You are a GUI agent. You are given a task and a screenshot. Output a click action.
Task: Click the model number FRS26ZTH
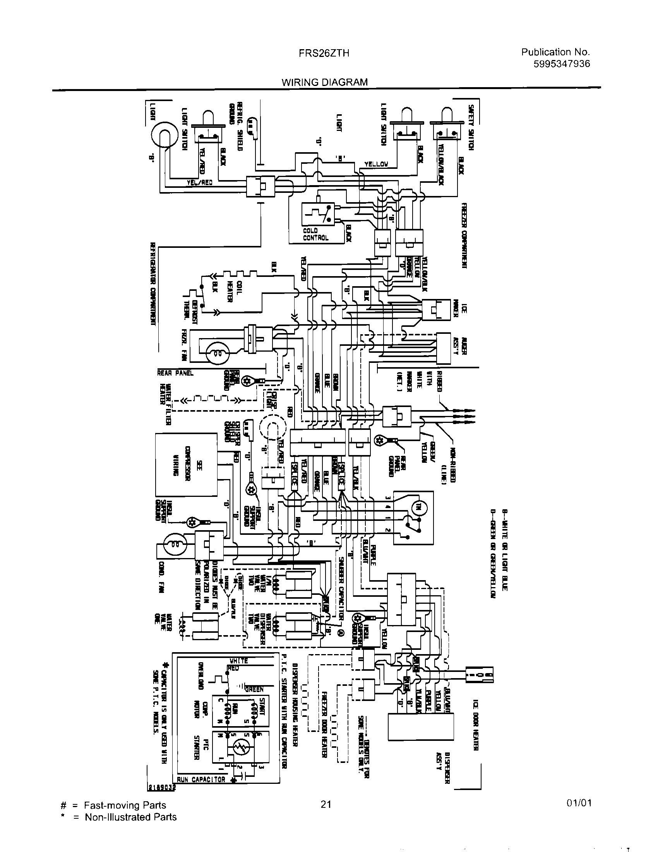click(324, 53)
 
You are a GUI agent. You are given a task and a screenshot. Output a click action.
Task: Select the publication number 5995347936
click(561, 64)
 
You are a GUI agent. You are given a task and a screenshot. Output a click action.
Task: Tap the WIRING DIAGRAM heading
click(325, 82)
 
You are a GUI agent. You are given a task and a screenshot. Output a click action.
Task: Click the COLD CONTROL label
click(316, 234)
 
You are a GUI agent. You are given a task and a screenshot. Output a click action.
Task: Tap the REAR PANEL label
click(175, 373)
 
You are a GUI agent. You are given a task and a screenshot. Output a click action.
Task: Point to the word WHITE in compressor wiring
click(238, 661)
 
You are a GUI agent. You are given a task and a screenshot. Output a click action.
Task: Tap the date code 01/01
click(580, 803)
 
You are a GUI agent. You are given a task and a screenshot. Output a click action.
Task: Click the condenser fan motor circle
click(172, 543)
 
